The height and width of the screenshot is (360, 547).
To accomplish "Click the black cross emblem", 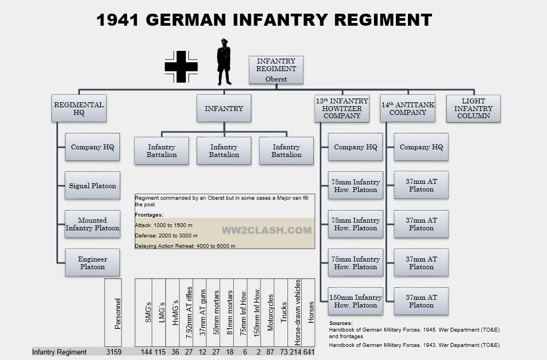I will click(181, 67).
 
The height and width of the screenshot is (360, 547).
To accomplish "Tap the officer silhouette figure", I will click(224, 62).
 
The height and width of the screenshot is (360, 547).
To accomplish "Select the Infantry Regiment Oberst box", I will click(276, 69).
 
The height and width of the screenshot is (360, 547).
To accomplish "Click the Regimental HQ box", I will click(79, 108).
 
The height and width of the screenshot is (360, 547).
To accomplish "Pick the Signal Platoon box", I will click(92, 185).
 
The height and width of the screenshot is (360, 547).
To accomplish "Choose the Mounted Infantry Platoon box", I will click(92, 224).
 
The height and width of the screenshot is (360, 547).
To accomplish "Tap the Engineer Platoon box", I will click(92, 263).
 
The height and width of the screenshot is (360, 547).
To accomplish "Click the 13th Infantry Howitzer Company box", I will click(342, 108).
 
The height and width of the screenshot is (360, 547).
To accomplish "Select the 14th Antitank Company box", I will click(407, 108).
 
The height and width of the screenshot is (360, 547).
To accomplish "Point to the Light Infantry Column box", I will click(473, 108).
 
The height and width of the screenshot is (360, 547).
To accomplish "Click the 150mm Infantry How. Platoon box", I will click(355, 301).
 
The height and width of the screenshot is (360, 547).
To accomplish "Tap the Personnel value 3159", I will click(113, 352).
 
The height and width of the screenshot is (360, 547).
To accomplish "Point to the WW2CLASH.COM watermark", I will click(266, 230).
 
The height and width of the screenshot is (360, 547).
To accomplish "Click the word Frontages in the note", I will click(149, 215).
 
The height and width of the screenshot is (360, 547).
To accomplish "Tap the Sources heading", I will click(341, 323).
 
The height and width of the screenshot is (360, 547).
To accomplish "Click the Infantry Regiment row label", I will click(59, 352).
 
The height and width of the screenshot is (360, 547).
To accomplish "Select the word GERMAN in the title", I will click(187, 20).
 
